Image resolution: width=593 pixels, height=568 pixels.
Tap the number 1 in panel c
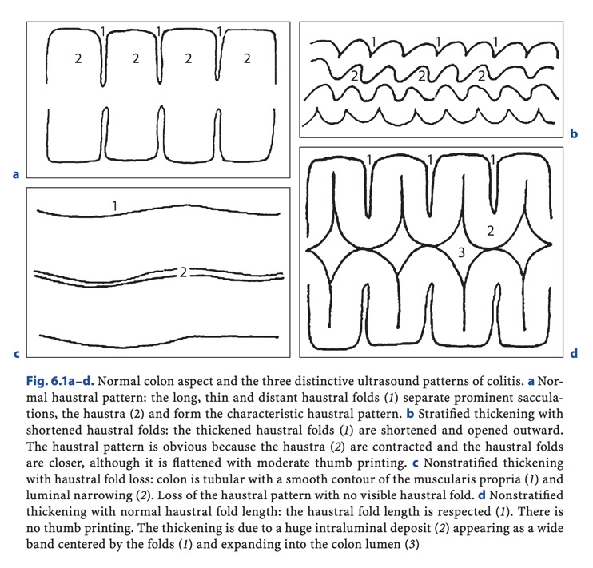115,206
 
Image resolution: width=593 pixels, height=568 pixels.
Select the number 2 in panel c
183,272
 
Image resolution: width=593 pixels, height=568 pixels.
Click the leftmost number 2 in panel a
78,58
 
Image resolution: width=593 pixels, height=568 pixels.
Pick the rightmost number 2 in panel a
247,58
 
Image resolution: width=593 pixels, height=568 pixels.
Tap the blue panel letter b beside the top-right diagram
573,135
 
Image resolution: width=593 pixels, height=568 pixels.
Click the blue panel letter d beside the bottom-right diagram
573,352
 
